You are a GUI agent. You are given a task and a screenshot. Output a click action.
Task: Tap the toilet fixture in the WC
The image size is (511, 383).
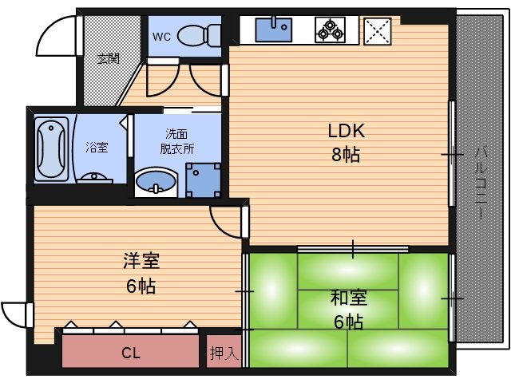click(x=199, y=35)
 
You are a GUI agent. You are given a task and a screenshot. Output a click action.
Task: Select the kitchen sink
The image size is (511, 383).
click(x=273, y=30)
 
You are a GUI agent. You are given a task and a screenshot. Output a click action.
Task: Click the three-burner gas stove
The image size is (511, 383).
click(x=330, y=30)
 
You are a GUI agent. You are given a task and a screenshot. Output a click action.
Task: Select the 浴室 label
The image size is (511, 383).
click(x=97, y=148)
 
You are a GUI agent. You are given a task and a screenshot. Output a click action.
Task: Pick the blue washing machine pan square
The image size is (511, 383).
click(x=203, y=180)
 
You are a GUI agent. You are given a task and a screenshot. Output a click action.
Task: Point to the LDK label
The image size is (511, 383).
click(x=345, y=130)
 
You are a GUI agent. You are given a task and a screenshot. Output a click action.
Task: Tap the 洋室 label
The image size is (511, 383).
click(x=141, y=261)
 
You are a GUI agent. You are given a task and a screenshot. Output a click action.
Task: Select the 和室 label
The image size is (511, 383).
click(x=349, y=298)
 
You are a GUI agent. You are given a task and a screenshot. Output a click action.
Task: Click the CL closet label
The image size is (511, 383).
click(x=130, y=352)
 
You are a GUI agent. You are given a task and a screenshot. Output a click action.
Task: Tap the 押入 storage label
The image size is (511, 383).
click(x=224, y=353)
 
